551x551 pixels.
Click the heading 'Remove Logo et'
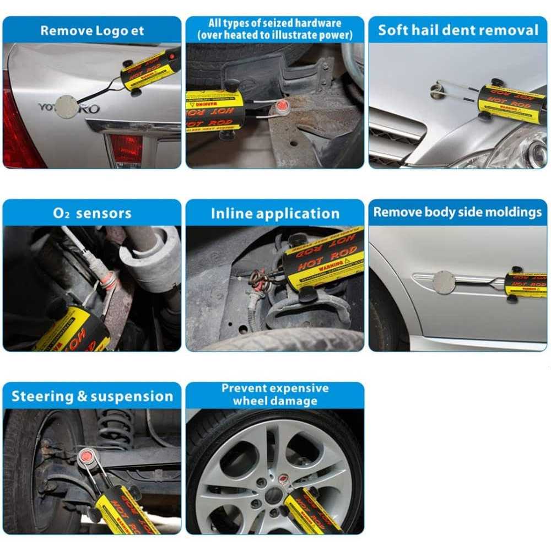click(91, 30)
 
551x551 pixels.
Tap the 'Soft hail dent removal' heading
click(458, 30)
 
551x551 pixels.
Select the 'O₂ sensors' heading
click(91, 213)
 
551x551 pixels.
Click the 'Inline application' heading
click(275, 213)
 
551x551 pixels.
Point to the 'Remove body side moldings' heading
click(458, 213)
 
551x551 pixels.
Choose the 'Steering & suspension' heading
click(91, 396)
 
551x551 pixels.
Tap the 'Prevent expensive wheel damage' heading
click(275, 395)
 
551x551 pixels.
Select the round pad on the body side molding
click(444, 282)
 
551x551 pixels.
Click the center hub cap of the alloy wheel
click(272, 495)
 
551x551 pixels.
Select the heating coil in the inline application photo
click(259, 275)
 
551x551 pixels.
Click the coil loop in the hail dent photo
click(439, 90)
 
